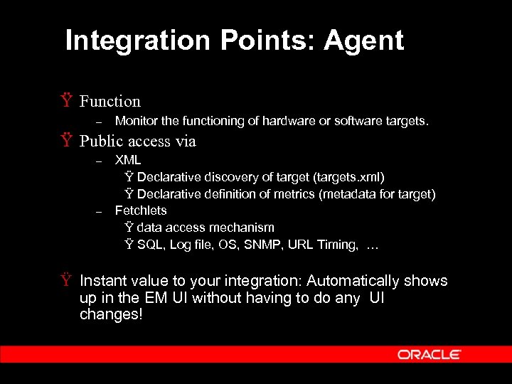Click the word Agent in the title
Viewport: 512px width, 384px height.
363,41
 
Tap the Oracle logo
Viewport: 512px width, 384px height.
430,354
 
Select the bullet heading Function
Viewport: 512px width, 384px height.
110,102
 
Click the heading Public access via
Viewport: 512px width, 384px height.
137,142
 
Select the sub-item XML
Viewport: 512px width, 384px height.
128,160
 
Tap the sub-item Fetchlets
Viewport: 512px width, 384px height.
141,210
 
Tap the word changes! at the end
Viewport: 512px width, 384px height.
111,314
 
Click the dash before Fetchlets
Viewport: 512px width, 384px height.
100,211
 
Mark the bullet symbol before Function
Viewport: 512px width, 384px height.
67,101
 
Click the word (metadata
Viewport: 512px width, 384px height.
363,193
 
